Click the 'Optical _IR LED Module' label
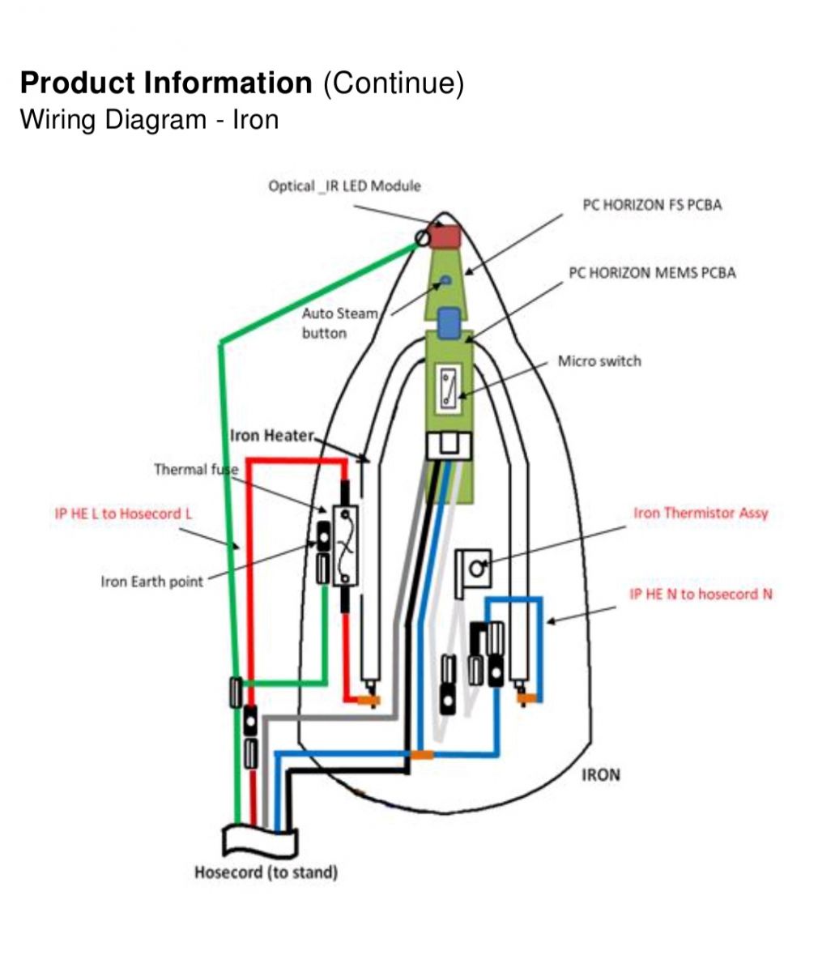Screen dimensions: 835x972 click(x=344, y=186)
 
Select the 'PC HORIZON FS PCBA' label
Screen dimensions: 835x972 click(x=652, y=205)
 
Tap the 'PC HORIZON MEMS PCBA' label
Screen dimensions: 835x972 click(x=652, y=273)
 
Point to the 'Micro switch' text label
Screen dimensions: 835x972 click(x=599, y=361)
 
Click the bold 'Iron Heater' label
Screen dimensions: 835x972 click(x=272, y=436)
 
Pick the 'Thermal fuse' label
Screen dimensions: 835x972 click(x=196, y=469)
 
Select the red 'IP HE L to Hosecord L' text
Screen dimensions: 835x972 click(x=123, y=514)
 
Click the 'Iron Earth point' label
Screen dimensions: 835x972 click(x=152, y=582)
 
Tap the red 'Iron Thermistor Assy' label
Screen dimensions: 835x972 click(x=701, y=513)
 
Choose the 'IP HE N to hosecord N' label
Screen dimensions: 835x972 click(x=701, y=594)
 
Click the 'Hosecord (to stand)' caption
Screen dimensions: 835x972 click(x=266, y=872)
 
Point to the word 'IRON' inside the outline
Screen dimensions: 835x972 click(x=601, y=775)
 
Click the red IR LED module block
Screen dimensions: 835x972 click(x=445, y=236)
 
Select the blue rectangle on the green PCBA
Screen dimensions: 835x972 click(x=449, y=323)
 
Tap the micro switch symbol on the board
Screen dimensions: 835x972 click(x=449, y=389)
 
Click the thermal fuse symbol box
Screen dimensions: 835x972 click(x=345, y=546)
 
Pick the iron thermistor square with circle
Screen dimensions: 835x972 click(x=474, y=569)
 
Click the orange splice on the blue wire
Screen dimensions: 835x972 click(x=422, y=755)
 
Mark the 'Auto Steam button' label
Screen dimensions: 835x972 click(x=340, y=323)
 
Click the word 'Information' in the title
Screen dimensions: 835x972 click(x=228, y=83)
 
